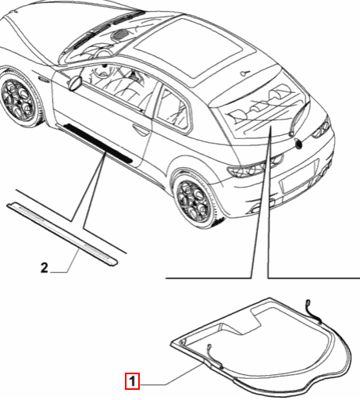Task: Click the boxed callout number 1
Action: (x=134, y=381)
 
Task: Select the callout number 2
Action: (x=45, y=269)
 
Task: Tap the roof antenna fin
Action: (x=245, y=73)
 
